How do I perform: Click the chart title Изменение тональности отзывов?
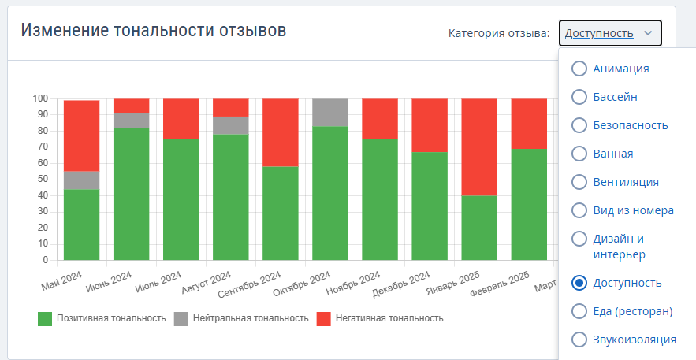(153, 31)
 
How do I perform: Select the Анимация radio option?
(579, 69)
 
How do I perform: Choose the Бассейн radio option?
(579, 97)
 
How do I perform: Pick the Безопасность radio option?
(579, 125)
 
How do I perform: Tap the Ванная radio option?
(579, 154)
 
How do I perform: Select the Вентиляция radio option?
(579, 182)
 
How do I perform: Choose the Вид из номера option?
(579, 210)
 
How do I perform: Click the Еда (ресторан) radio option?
(579, 311)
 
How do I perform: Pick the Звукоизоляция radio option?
(579, 340)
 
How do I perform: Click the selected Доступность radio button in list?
(579, 283)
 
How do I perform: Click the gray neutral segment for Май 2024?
(81, 180)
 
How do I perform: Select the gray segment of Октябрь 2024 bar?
(330, 112)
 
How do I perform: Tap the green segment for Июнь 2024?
(131, 194)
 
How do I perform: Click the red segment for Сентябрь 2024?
(281, 132)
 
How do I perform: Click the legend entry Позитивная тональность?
(102, 318)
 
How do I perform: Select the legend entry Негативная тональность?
(380, 318)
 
